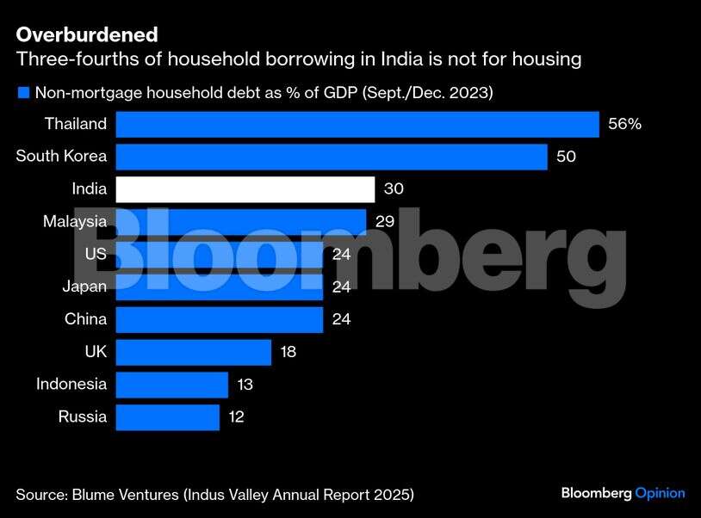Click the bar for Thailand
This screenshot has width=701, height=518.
coord(357,124)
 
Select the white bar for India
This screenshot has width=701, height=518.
coord(245,189)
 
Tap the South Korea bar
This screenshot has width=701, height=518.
coord(331,157)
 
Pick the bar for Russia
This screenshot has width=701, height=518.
coord(167,417)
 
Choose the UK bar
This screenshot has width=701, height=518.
coord(193,352)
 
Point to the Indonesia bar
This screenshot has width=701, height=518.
coord(171,385)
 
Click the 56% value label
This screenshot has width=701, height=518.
coord(624,124)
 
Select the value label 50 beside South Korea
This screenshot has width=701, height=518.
coord(566,157)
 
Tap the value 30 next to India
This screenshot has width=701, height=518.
coord(394,189)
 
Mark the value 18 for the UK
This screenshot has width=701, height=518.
coord(288,352)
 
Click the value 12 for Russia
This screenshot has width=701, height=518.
coord(236,417)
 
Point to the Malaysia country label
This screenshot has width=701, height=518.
coord(75,222)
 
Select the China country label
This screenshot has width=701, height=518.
coord(86,319)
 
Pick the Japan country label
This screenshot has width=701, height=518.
coord(84,287)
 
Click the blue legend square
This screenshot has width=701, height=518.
coord(23,92)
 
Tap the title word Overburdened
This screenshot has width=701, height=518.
coord(87,34)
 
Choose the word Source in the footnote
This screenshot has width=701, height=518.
coord(42,494)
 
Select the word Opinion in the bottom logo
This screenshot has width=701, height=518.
coord(660,493)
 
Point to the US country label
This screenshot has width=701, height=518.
coord(96,255)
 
